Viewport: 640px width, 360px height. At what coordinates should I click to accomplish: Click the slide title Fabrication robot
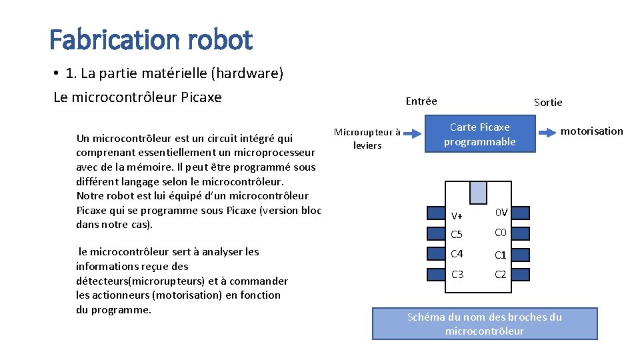coord(151,40)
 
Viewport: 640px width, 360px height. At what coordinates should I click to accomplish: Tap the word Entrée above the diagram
coord(421,101)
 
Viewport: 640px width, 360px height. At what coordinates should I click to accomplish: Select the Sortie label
coord(548,102)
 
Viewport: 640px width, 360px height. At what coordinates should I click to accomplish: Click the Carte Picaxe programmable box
coord(480,134)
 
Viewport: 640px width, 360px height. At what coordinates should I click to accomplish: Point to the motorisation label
coord(591,131)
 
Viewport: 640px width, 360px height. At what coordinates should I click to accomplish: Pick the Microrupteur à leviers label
coord(367,138)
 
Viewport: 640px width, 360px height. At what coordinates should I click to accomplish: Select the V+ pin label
coord(457,215)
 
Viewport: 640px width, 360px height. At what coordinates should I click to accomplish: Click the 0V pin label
coord(501,213)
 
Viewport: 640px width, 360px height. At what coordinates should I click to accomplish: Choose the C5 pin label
coord(457,235)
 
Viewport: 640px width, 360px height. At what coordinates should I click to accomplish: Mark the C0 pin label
coord(501,233)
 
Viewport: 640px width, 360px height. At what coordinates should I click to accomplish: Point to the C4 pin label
coord(457,254)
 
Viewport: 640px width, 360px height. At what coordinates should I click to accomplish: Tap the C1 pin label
coord(501,255)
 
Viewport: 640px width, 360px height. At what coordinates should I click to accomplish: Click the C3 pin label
coord(457,274)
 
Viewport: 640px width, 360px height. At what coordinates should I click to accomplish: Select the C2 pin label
coord(501,274)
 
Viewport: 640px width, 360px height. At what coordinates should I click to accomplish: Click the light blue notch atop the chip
coord(479,192)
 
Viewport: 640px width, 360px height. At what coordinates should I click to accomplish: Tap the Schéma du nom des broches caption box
coord(485,323)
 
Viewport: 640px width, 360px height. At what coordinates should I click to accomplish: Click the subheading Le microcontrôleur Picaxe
coord(137,97)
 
